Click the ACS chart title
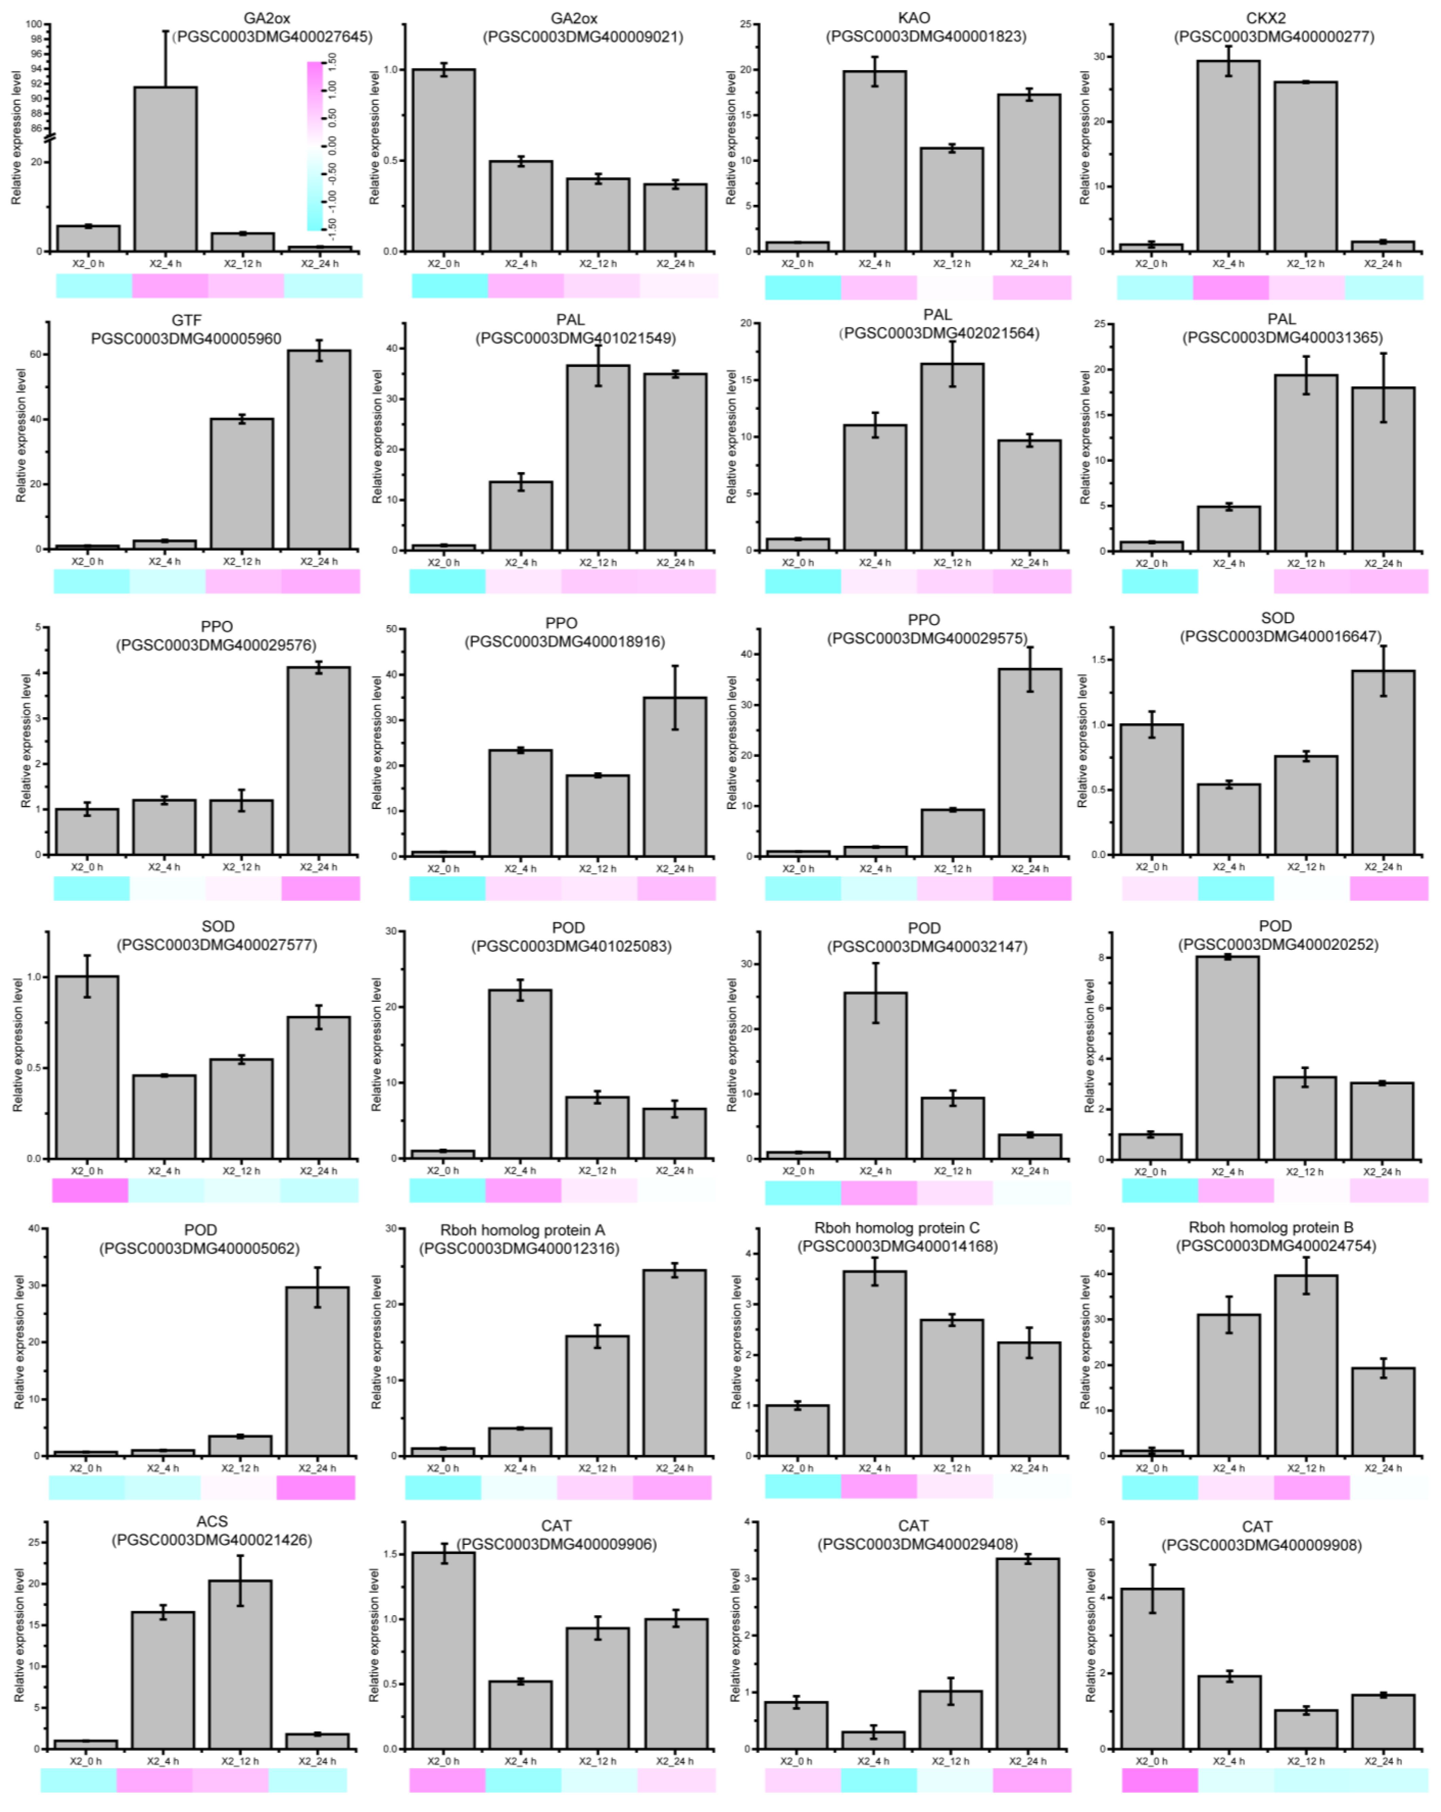click(212, 1522)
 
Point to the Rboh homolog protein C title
click(896, 1229)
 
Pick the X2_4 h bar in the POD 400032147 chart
click(875, 1076)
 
